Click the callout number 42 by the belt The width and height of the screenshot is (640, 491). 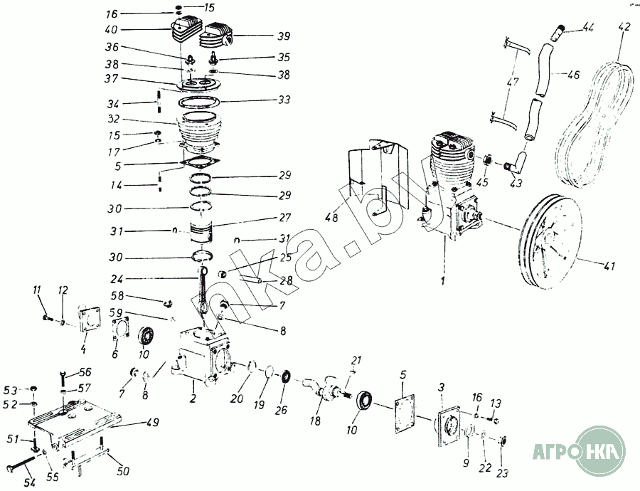click(624, 28)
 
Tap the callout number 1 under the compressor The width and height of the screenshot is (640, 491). click(443, 283)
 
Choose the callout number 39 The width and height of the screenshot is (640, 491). click(283, 35)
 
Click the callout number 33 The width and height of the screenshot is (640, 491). click(284, 100)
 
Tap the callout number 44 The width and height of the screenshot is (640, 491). click(587, 27)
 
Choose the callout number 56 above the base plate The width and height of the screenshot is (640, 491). click(85, 372)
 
